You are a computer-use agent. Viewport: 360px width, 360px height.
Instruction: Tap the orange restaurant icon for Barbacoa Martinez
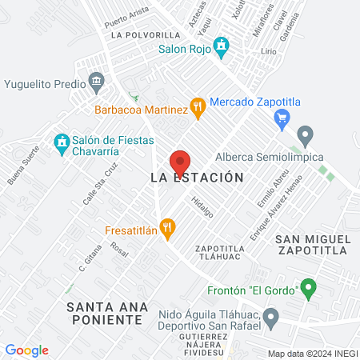[197, 108]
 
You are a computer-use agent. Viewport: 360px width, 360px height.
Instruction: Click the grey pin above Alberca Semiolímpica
[304, 134]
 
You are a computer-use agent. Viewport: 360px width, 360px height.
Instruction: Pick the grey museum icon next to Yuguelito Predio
[98, 82]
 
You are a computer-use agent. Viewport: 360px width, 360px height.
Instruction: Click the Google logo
[26, 350]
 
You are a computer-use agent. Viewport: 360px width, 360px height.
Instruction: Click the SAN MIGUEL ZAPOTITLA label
[312, 245]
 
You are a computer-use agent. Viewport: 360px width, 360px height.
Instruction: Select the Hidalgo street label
[203, 206]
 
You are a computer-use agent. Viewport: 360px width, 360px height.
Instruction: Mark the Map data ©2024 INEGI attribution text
[312, 354]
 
